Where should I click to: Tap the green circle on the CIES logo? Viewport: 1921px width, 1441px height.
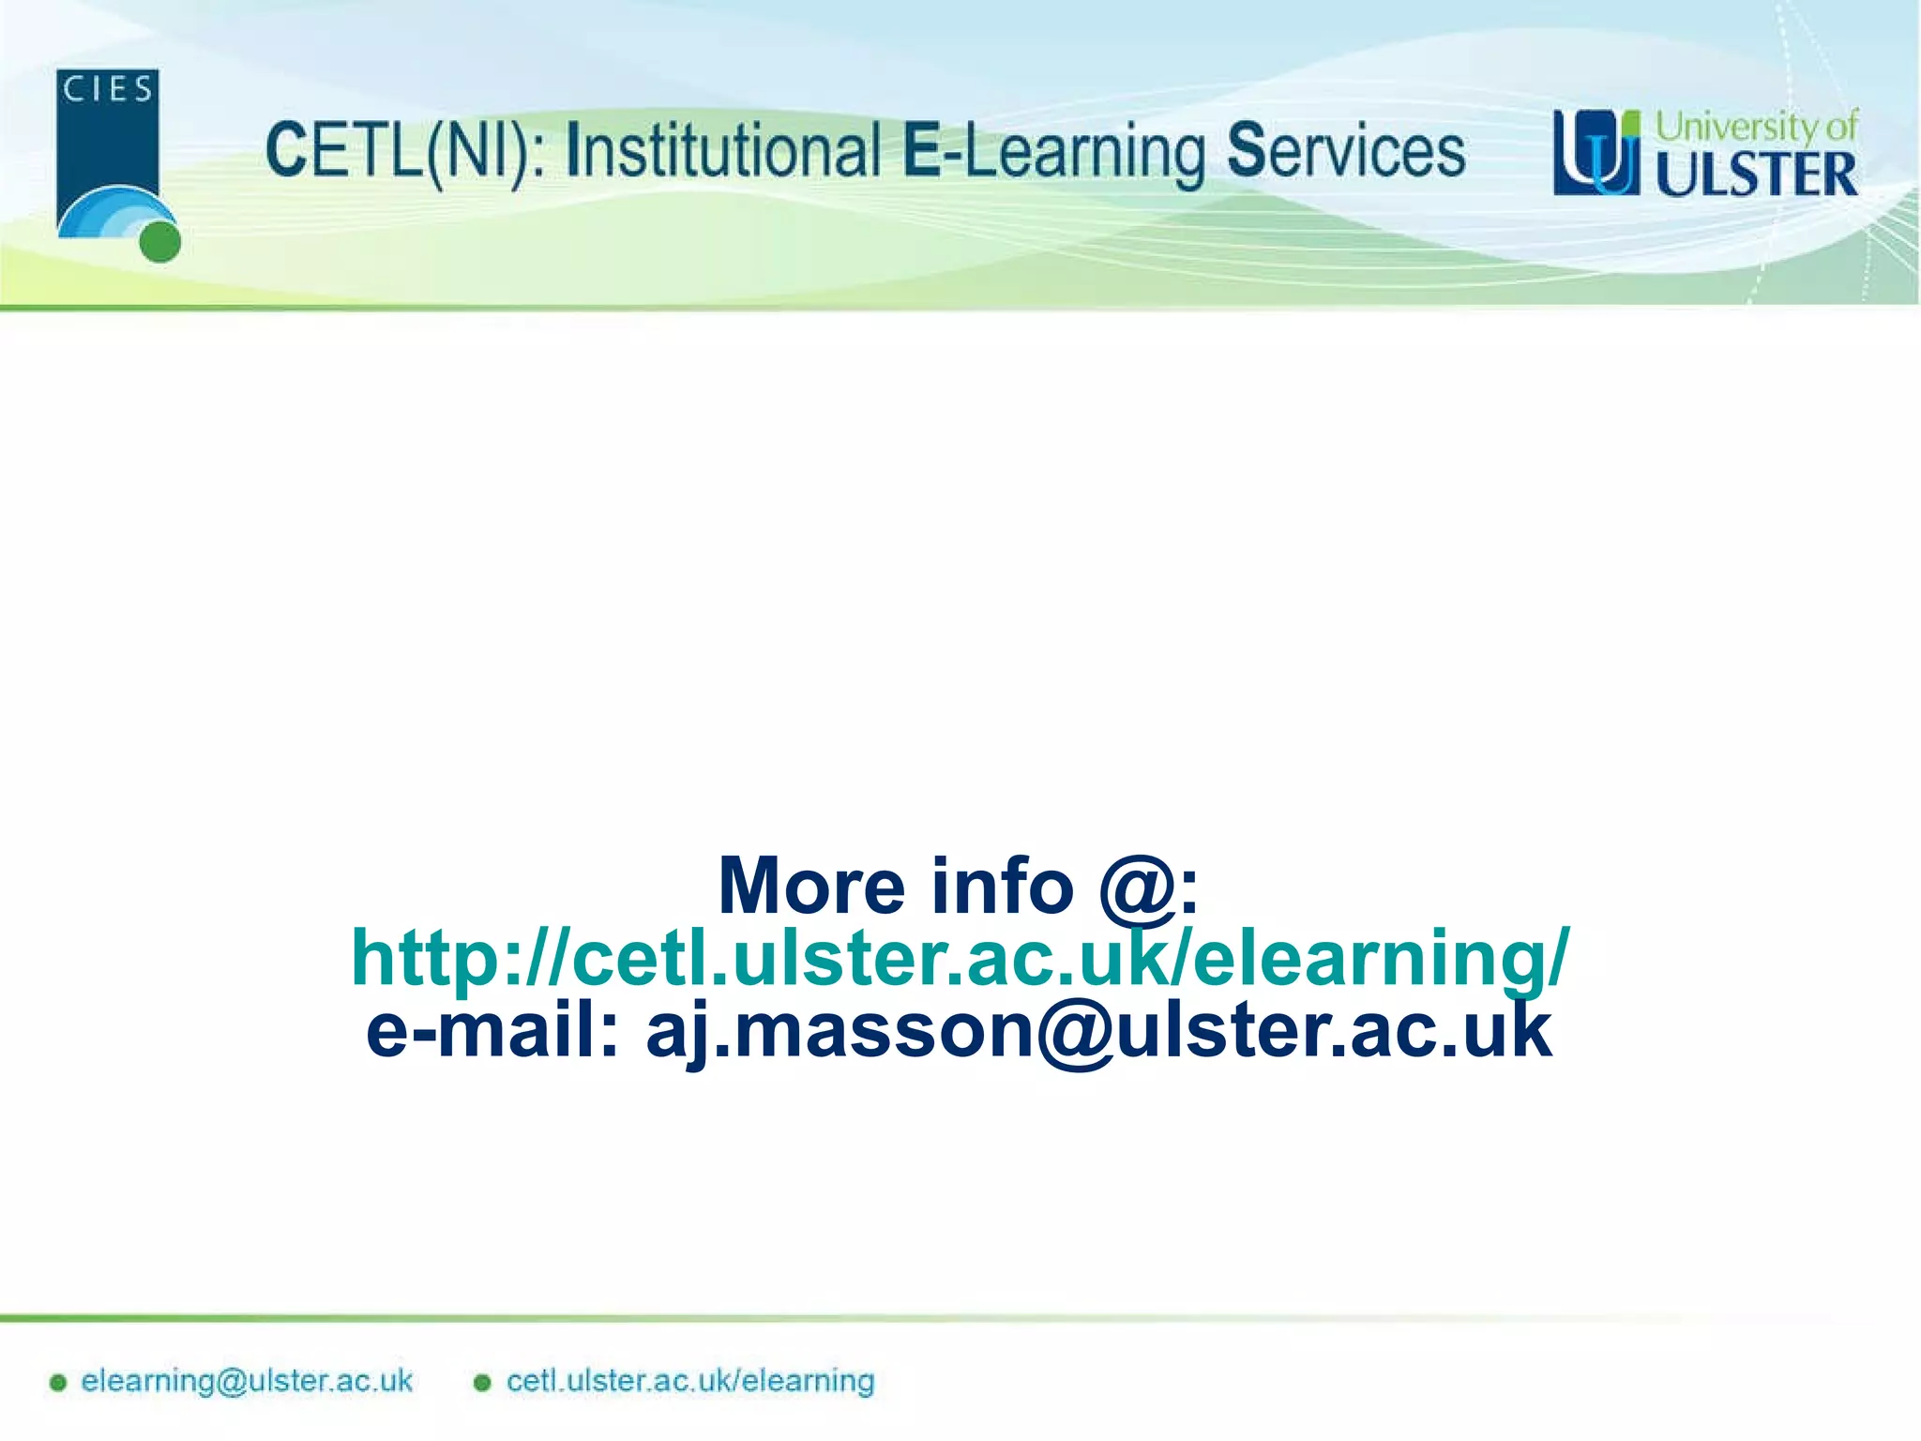coord(159,242)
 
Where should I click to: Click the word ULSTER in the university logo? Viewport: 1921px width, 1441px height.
coord(1756,174)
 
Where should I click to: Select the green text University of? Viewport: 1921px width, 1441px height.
coord(1756,126)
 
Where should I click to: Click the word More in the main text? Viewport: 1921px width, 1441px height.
coord(812,887)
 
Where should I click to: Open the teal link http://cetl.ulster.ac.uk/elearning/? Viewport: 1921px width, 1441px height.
coord(959,958)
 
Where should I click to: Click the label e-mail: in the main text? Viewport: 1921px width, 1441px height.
coord(492,1029)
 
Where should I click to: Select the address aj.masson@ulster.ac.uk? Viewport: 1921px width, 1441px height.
coord(1098,1031)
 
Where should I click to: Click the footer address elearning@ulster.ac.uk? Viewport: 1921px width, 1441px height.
coord(247,1381)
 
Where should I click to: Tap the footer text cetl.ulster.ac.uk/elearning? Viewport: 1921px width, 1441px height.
coord(690,1381)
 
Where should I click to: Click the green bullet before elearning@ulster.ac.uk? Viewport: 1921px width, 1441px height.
coord(58,1382)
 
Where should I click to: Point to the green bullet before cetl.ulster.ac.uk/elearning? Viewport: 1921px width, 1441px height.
coord(482,1382)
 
